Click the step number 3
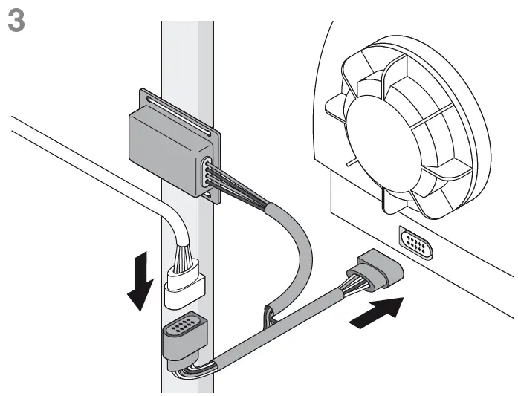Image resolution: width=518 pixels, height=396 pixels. click(16, 20)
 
